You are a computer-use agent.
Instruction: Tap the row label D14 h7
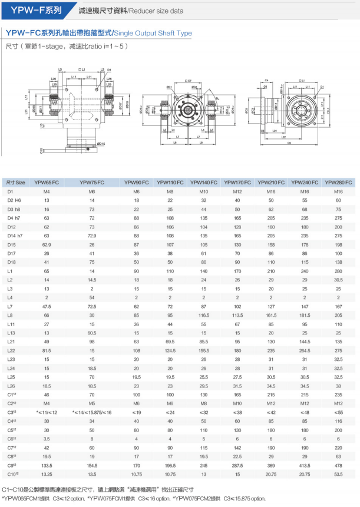15,235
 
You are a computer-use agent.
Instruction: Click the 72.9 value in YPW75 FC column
91,235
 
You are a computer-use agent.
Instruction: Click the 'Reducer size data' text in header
157,10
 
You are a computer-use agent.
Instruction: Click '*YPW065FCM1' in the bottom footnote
18,498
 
